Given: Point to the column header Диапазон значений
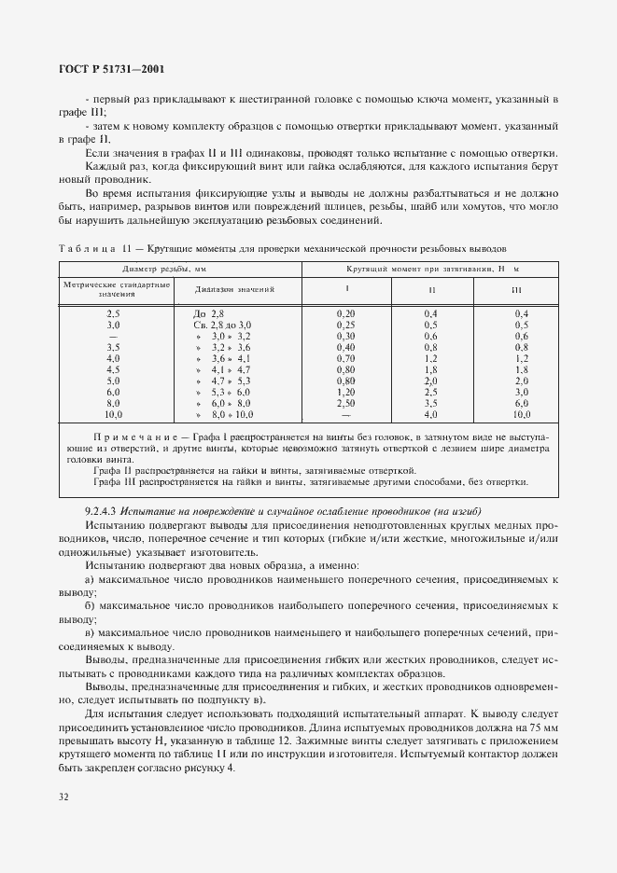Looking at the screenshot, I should tap(224, 290).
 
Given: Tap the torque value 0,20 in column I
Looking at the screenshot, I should tap(345, 313).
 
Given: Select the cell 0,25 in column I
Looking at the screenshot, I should tap(345, 325).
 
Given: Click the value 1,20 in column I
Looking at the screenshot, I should tap(345, 392).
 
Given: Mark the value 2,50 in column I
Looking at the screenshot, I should tap(345, 403).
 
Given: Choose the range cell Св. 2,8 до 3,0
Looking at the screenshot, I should tap(222, 325).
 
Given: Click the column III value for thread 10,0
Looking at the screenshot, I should tap(522, 414).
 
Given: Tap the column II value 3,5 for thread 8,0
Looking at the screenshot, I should tap(431, 403).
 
